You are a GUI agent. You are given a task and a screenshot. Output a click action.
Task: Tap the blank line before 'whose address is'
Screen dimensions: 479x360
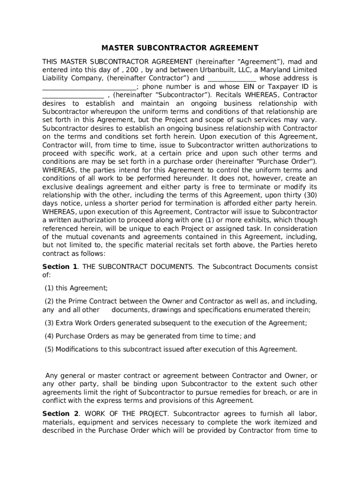click(231, 79)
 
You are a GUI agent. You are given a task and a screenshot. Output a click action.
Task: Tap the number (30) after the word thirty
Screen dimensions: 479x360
click(309, 194)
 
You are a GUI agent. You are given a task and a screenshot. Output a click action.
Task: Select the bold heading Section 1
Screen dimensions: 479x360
click(59, 267)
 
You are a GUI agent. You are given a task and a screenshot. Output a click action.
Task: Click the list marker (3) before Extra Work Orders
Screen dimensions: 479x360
click(49, 323)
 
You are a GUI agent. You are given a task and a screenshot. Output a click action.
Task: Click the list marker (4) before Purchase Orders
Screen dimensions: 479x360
click(49, 336)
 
